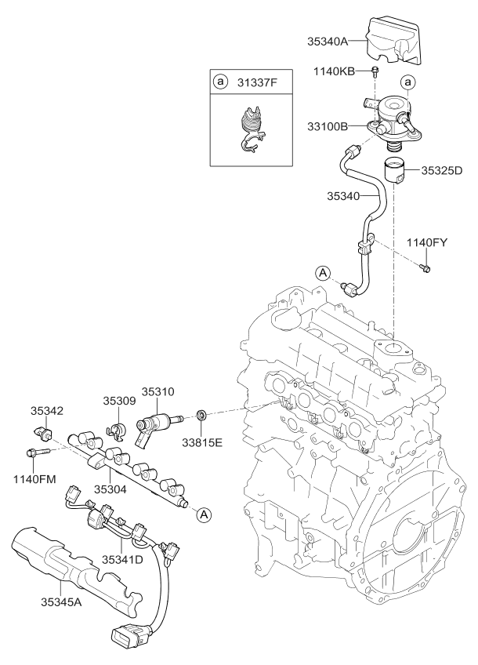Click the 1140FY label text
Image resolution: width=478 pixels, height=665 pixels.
tap(426, 242)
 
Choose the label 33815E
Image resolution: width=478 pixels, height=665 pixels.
tap(202, 442)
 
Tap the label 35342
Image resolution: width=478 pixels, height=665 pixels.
tap(46, 409)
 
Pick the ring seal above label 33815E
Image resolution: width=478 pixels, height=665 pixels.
tap(201, 414)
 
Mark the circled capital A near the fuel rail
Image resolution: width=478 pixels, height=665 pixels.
tap(202, 514)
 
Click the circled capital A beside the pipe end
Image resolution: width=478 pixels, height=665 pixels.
tap(323, 272)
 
